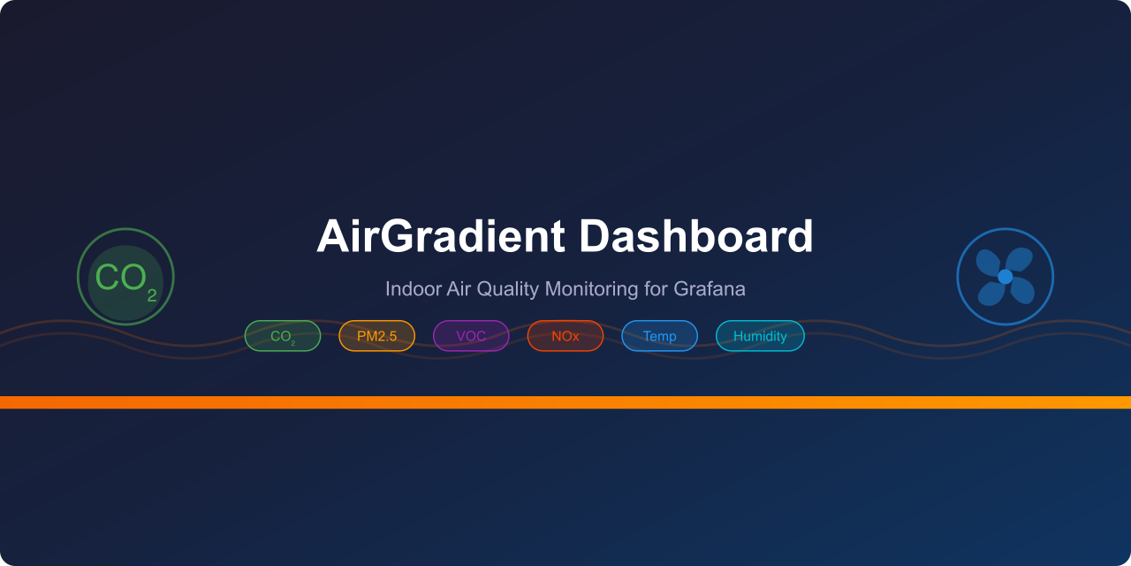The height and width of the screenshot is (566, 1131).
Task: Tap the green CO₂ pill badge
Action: pyautogui.click(x=283, y=336)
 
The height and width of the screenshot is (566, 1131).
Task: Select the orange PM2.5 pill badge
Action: pyautogui.click(x=377, y=336)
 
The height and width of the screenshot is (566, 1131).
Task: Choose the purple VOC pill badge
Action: pyautogui.click(x=471, y=336)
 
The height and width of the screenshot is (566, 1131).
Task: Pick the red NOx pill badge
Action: pyautogui.click(x=565, y=336)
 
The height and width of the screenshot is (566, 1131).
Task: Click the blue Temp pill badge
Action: pyautogui.click(x=660, y=336)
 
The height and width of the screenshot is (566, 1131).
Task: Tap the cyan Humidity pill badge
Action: pyautogui.click(x=760, y=336)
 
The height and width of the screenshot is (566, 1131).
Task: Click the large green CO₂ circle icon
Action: pyautogui.click(x=125, y=277)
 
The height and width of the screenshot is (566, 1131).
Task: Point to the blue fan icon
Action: pyautogui.click(x=1006, y=277)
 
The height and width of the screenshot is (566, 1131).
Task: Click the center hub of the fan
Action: pyautogui.click(x=1006, y=277)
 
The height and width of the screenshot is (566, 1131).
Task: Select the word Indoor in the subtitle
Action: pyautogui.click(x=407, y=289)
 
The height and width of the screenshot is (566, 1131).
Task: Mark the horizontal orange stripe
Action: pyautogui.click(x=565, y=402)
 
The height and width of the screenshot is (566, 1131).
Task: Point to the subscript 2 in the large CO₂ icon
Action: pyautogui.click(x=152, y=294)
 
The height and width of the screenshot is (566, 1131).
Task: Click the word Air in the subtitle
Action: pyautogui.click(x=450, y=289)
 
